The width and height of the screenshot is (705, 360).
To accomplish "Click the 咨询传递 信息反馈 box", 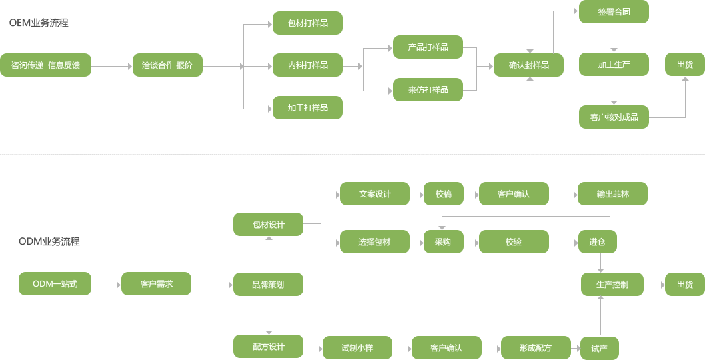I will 45,65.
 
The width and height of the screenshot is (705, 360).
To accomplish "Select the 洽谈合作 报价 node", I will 167,65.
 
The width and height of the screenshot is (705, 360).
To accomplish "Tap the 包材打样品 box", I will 307,23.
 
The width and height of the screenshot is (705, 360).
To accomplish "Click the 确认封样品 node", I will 528,65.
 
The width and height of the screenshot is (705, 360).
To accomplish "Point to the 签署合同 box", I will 614,12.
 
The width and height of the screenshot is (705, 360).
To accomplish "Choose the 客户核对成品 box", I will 614,117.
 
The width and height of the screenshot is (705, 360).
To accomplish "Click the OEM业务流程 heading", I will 39,23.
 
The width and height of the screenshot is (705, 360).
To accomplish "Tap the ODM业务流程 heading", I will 49,241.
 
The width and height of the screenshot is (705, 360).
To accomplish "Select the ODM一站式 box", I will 55,285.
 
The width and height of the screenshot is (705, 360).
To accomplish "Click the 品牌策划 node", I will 268,285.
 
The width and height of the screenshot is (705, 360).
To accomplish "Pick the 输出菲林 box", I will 612,194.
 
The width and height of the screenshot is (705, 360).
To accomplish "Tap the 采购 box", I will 443,242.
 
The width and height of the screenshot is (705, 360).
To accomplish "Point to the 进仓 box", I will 597,242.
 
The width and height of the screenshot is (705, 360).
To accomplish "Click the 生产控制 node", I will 612,285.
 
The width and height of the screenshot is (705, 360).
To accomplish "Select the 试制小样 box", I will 357,348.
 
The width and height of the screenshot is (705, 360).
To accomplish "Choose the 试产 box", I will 599,348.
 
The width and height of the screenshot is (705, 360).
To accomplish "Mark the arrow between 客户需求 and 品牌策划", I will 212,285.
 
